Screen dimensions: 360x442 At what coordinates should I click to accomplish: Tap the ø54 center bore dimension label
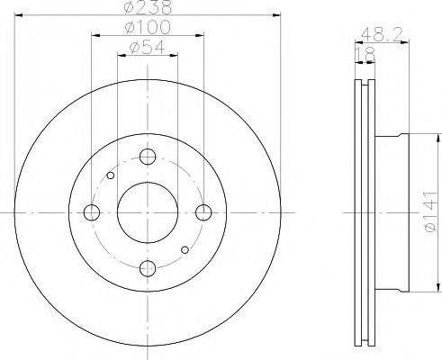pos(148,49)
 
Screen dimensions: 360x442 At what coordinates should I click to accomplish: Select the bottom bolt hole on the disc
pos(148,267)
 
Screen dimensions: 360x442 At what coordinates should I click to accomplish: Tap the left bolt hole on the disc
pos(92,212)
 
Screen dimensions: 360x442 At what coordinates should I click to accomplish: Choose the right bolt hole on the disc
pos(203,212)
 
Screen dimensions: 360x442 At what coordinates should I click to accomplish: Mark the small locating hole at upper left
pos(110,175)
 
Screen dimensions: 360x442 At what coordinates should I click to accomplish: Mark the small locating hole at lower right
pos(185,249)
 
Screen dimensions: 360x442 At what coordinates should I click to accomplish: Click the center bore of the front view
pos(148,212)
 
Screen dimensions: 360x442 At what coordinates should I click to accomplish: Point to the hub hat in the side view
pos(391,212)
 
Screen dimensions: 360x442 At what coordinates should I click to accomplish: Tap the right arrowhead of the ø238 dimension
pos(277,16)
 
